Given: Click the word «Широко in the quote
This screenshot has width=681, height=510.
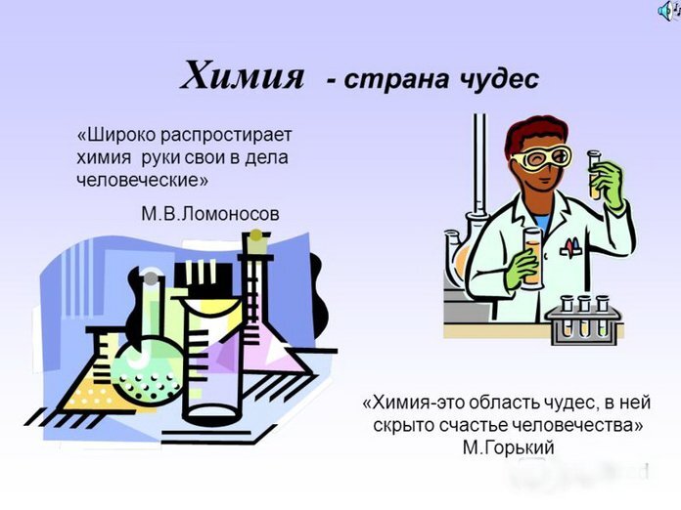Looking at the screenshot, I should [113, 133].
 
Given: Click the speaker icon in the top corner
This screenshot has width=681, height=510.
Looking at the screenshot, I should [668, 9].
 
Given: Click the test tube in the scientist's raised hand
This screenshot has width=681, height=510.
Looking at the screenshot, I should [593, 172].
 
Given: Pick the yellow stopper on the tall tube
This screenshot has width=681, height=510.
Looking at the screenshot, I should [255, 234].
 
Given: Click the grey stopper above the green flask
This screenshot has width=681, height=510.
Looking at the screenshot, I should [150, 278].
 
